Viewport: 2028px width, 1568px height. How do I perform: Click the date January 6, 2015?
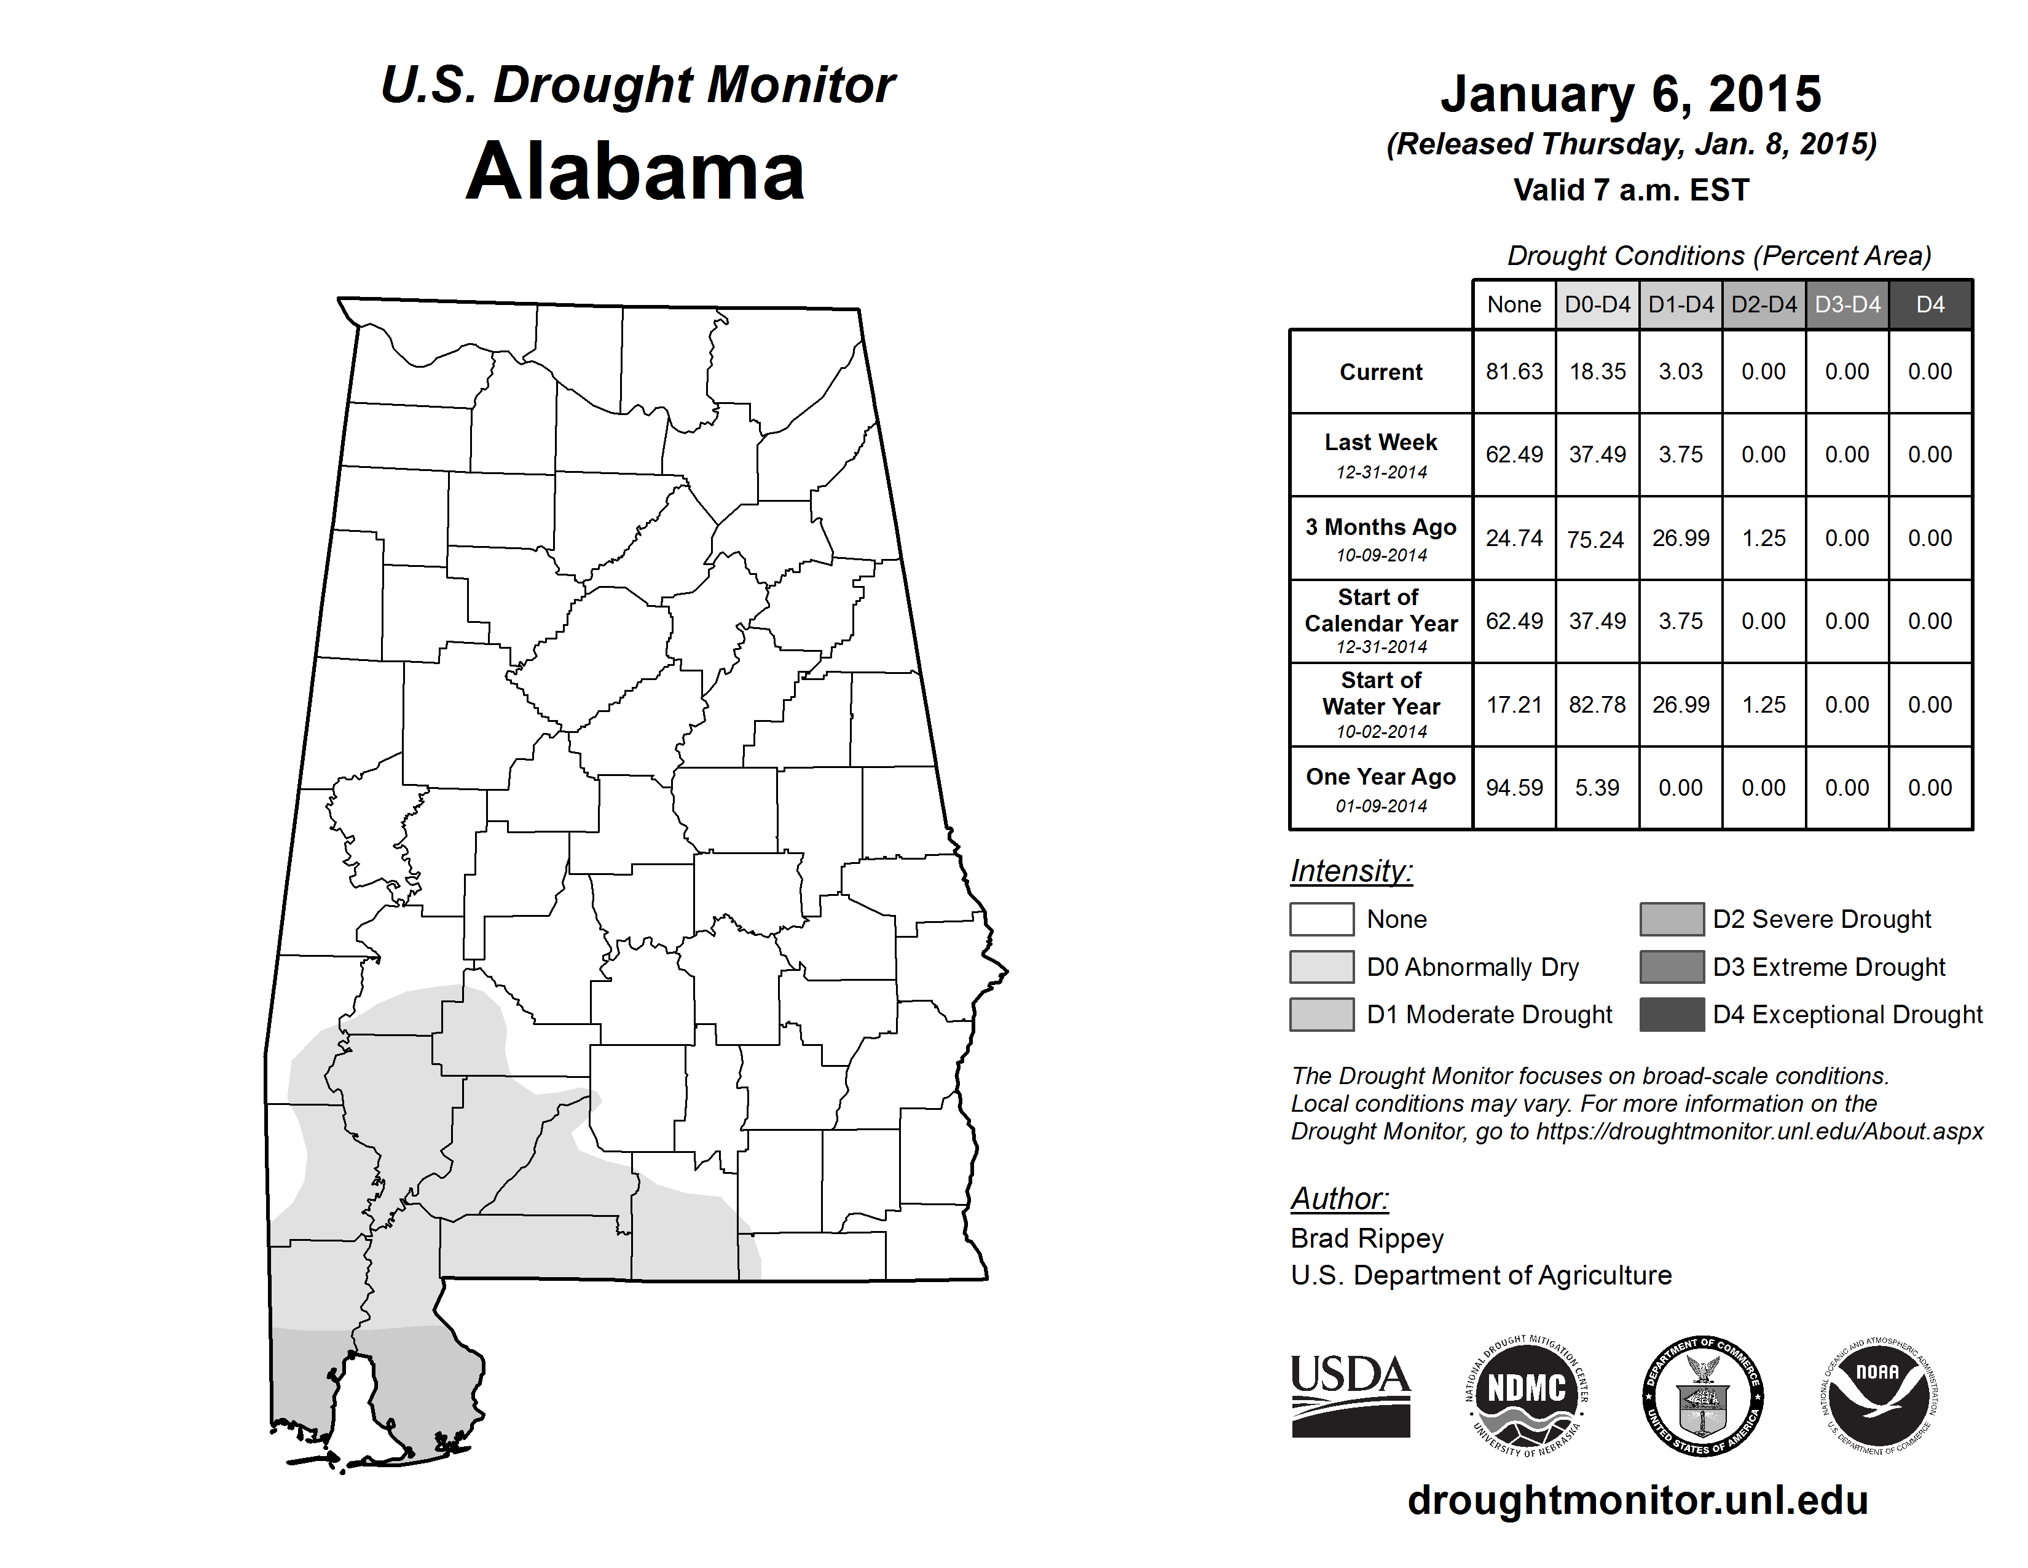[x=1630, y=94]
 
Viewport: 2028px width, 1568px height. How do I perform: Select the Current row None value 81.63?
[x=1514, y=371]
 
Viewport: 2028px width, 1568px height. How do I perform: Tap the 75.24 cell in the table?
[x=1596, y=539]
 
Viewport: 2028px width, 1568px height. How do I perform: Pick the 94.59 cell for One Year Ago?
[x=1514, y=788]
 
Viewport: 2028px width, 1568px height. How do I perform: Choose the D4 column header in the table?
[x=1930, y=304]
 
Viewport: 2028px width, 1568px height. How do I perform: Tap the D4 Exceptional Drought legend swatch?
[x=1672, y=1015]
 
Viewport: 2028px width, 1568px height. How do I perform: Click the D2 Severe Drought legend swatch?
[x=1672, y=919]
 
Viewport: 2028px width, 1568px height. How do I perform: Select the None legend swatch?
[x=1321, y=919]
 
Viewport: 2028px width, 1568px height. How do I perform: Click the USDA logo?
[x=1350, y=1395]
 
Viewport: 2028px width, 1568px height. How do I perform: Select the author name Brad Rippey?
[x=1367, y=1238]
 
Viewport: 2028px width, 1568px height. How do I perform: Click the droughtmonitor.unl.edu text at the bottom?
[x=1638, y=1501]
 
